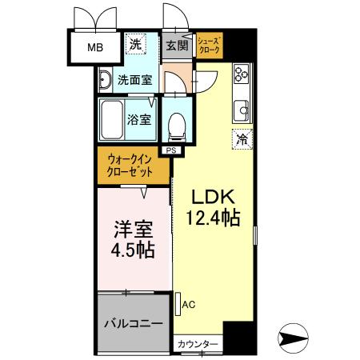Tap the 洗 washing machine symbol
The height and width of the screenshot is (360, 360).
pos(136,44)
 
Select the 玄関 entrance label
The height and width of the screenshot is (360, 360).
pos(175,46)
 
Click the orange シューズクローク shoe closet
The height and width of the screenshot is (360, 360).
pos(210,46)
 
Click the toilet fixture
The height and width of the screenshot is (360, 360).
pos(175,124)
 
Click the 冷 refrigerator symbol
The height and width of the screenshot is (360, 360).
pos(241,138)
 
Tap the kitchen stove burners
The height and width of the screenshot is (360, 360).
pos(240,75)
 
